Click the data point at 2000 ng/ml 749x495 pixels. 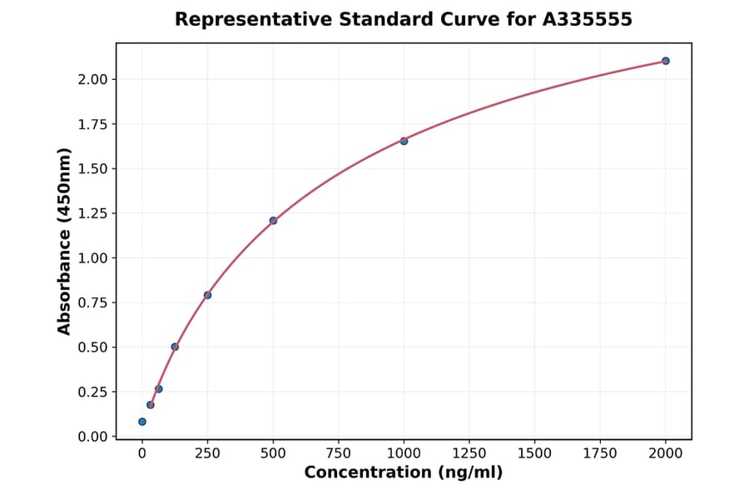[x=666, y=61]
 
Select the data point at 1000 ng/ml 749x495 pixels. [x=404, y=141]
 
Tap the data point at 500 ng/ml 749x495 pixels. [x=273, y=221]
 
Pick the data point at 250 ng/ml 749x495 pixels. [x=207, y=295]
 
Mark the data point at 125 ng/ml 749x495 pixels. [x=175, y=347]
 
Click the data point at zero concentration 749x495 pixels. [x=142, y=422]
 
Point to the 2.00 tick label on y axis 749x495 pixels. [x=93, y=79]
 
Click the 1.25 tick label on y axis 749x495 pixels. [x=93, y=213]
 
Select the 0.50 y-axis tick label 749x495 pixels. [x=93, y=347]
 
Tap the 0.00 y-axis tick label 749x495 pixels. [x=93, y=437]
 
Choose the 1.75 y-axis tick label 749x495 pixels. [x=93, y=124]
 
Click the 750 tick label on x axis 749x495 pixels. [x=339, y=453]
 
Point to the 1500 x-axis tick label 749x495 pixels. [x=534, y=453]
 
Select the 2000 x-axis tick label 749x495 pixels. [x=666, y=453]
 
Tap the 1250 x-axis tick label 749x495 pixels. [x=469, y=453]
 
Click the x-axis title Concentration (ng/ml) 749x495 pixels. [x=404, y=472]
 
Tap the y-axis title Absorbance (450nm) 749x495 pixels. [x=65, y=241]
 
